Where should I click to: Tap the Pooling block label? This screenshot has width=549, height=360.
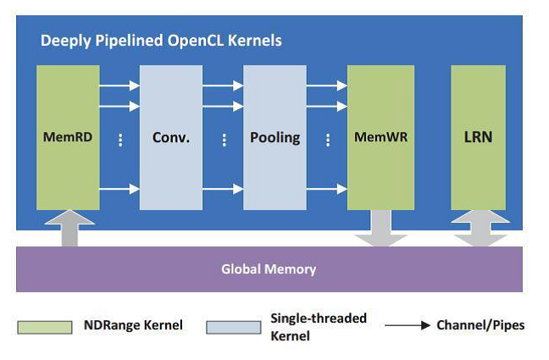274,136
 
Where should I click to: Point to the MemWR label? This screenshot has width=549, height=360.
380,136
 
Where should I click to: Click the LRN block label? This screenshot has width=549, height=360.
478,136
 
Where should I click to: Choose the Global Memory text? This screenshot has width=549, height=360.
269,269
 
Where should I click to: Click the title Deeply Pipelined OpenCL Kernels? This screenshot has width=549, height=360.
162,40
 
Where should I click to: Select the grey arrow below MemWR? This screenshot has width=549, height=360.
380,229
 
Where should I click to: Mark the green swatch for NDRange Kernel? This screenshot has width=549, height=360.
45,326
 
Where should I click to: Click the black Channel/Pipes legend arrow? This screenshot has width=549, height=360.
406,325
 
